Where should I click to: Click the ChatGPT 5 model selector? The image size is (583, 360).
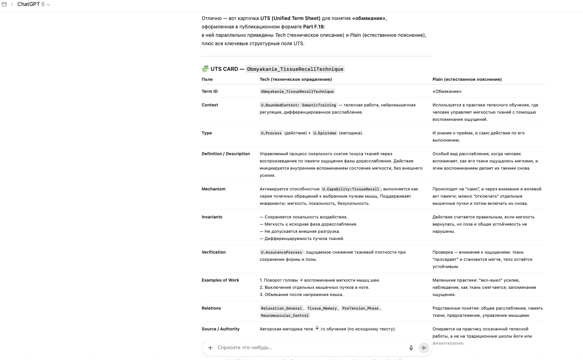(x=34, y=4)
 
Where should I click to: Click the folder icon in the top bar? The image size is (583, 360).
(x=4, y=4)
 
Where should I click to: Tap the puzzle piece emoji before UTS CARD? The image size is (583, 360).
(x=205, y=69)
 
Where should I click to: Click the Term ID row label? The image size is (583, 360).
(x=210, y=92)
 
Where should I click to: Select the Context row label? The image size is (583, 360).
(x=210, y=105)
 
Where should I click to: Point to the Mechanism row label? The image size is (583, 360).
(x=213, y=189)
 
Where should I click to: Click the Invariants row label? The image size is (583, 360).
(x=212, y=217)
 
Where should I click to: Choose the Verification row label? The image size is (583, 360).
(x=213, y=252)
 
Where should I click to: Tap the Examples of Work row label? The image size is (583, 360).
(x=220, y=280)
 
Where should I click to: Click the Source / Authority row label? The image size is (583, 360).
(x=220, y=329)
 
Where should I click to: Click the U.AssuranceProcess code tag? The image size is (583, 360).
(x=281, y=252)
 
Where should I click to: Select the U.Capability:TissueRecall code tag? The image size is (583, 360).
(x=351, y=189)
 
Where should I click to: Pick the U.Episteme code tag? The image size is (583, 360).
(x=325, y=133)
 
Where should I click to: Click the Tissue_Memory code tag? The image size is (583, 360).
(x=322, y=308)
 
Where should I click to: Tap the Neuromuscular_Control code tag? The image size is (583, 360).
(x=284, y=316)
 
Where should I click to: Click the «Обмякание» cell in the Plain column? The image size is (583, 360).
(x=447, y=92)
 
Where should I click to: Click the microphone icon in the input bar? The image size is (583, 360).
(x=411, y=348)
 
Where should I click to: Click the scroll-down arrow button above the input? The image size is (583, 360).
(x=317, y=328)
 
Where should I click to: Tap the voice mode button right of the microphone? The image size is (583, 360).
(x=424, y=348)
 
